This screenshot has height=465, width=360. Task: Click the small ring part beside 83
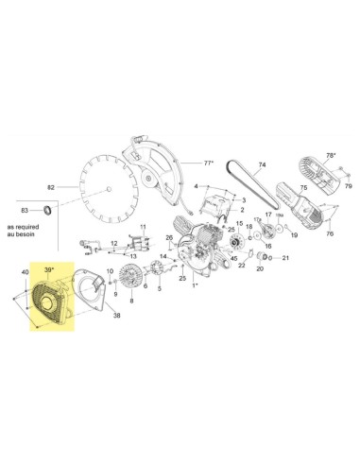click(46, 209)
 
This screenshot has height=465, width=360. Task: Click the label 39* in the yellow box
click(49, 268)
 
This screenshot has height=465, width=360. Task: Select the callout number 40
click(23, 273)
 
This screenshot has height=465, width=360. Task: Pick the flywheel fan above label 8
click(131, 283)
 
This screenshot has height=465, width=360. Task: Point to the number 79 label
click(348, 186)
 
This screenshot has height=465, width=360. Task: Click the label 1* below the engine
click(196, 284)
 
